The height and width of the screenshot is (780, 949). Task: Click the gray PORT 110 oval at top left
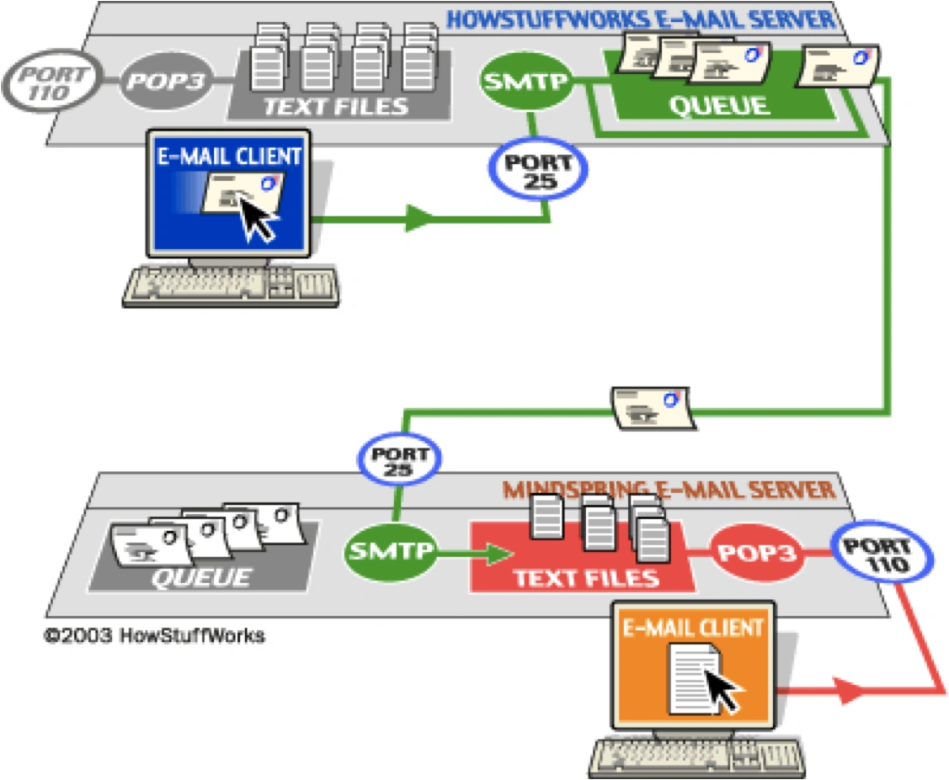(x=48, y=82)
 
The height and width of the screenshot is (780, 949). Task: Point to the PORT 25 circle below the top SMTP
(x=537, y=171)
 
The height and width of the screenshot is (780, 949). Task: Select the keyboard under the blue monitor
(x=231, y=287)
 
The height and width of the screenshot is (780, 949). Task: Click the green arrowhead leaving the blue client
(x=419, y=220)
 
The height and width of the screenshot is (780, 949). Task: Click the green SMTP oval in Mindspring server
(x=390, y=552)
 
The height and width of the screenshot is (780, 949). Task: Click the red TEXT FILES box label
(x=586, y=578)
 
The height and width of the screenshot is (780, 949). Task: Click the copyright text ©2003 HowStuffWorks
(x=154, y=635)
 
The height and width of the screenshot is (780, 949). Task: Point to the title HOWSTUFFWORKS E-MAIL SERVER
(x=640, y=19)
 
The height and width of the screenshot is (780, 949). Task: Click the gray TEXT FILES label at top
(x=335, y=107)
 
